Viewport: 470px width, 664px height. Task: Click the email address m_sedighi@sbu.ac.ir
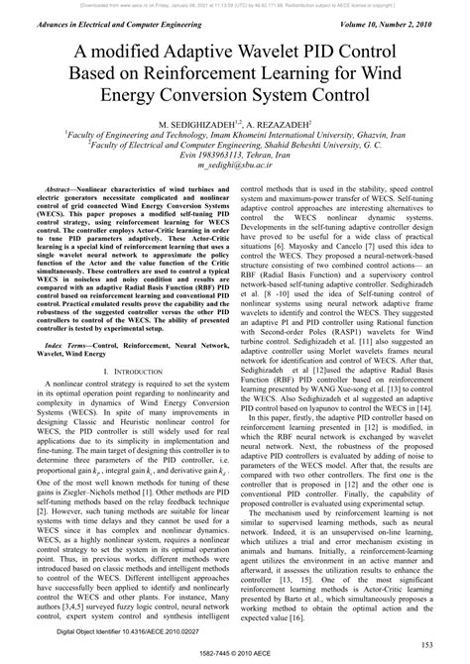click(x=234, y=169)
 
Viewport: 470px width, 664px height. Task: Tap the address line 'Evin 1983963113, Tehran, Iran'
click(x=234, y=159)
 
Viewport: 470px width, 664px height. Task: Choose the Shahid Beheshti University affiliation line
click(x=234, y=148)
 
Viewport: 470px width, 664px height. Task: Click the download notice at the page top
click(x=234, y=5)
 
